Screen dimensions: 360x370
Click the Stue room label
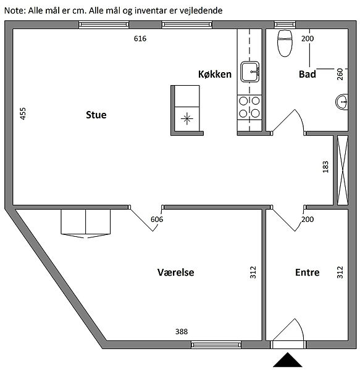[96, 115]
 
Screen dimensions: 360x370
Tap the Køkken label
[215, 74]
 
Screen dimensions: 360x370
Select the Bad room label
[308, 74]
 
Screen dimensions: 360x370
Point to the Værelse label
[176, 273]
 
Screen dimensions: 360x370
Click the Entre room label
[308, 273]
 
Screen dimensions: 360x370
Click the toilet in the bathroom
[285, 43]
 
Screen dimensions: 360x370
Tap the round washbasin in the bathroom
[342, 102]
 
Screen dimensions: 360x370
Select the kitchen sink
[250, 72]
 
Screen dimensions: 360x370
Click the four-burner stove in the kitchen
[249, 107]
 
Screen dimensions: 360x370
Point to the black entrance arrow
[288, 360]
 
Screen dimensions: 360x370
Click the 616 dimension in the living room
[140, 38]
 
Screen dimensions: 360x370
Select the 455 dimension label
[23, 113]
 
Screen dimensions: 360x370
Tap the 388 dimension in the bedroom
[182, 332]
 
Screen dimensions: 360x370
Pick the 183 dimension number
[325, 167]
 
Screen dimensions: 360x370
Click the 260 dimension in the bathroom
[340, 74]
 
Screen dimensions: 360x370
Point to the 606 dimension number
[157, 219]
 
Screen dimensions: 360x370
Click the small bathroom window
[285, 24]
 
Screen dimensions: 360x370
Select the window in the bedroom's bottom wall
[216, 345]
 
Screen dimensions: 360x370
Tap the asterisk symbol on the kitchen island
[187, 118]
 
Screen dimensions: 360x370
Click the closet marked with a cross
[343, 170]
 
